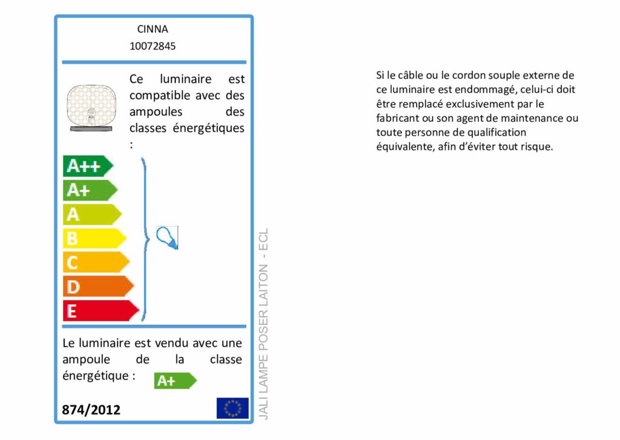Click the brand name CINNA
coord(153,29)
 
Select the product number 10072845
coord(153,46)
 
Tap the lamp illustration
coord(91,108)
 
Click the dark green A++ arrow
coord(88,166)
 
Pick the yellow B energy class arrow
coord(94,238)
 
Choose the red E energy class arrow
coord(101,311)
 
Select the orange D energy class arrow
coord(99,287)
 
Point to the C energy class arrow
coord(96,262)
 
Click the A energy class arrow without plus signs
coord(92,214)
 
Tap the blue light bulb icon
coord(168,238)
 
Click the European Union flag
coord(232,408)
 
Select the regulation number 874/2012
coord(91,410)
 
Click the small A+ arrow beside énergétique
coord(175,381)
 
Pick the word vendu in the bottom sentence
coord(171,343)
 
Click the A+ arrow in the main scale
coord(90,190)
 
